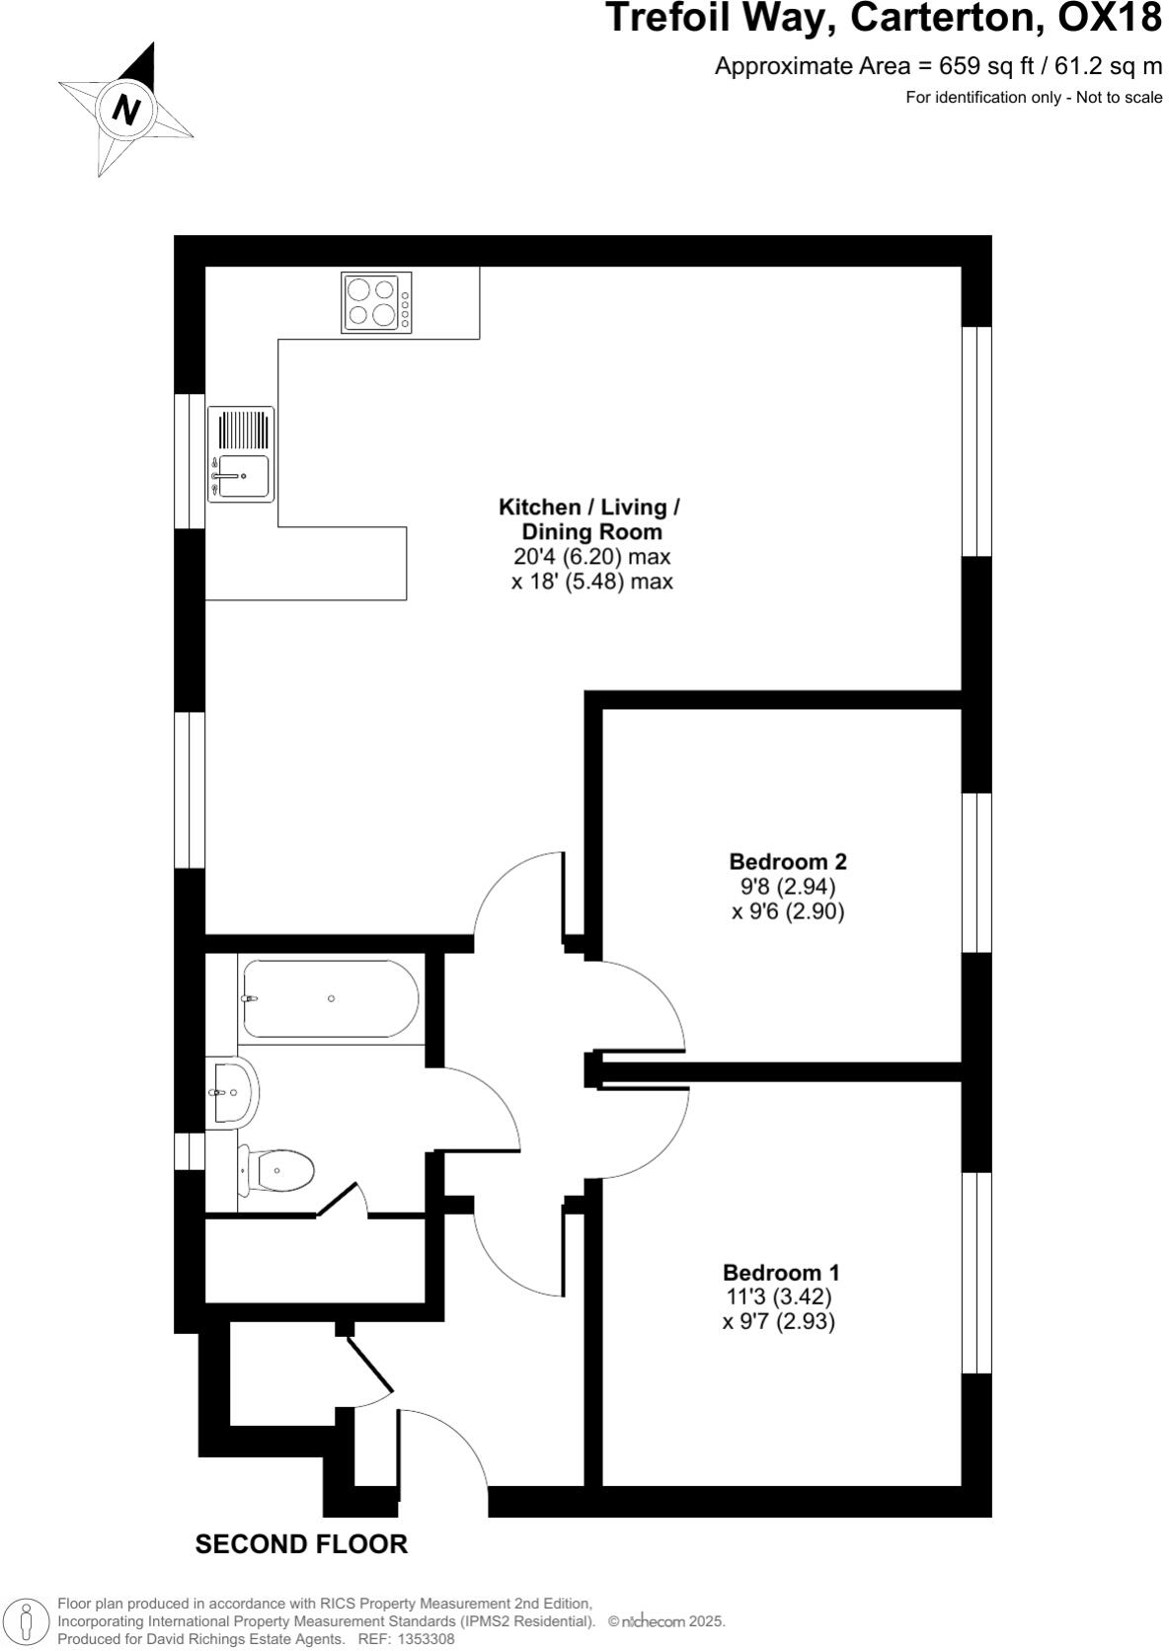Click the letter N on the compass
click(125, 108)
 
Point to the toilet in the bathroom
click(278, 1172)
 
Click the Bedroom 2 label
click(788, 861)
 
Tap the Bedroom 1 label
click(781, 1273)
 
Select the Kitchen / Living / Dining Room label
click(589, 519)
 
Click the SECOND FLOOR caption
click(301, 1544)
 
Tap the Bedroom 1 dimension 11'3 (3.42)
click(778, 1297)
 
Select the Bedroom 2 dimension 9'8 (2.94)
click(786, 886)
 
